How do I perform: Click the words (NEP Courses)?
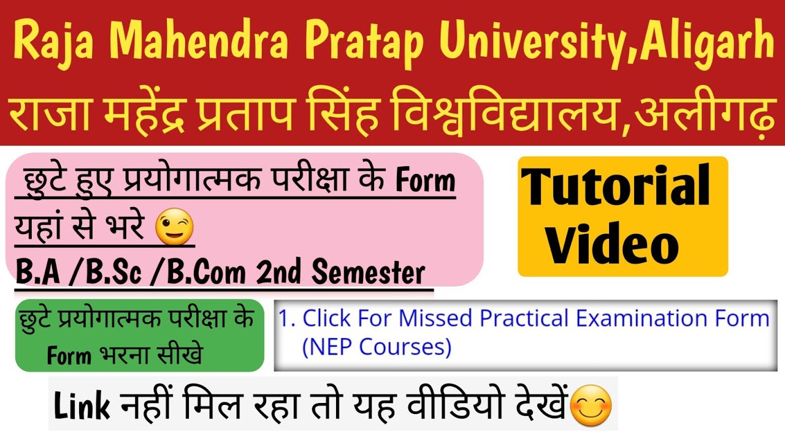(x=376, y=347)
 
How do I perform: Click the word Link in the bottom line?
(x=82, y=407)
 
